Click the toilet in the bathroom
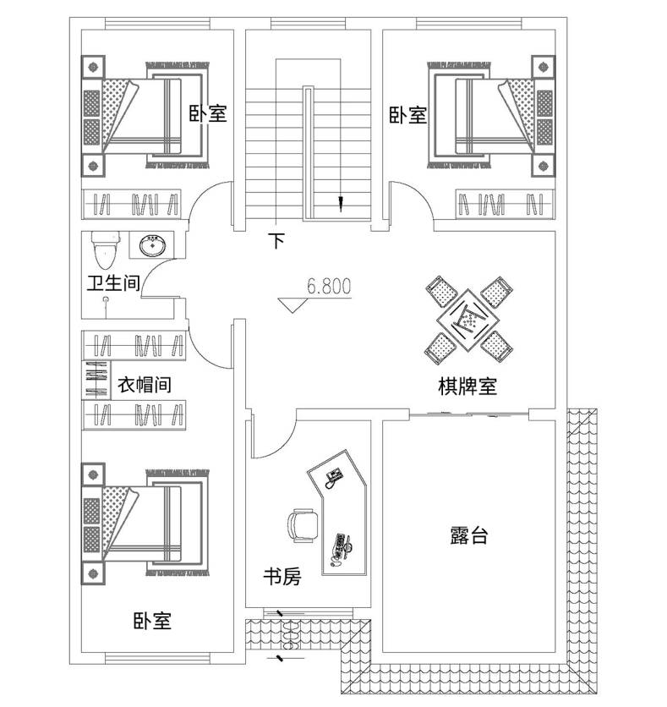[x=106, y=249]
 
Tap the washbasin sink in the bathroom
[x=152, y=246]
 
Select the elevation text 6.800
[x=329, y=287]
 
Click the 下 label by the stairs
[x=276, y=241]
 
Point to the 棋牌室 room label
[x=467, y=386]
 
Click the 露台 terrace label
[x=469, y=535]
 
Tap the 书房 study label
[x=282, y=576]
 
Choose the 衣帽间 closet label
[x=145, y=385]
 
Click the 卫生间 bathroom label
[x=113, y=283]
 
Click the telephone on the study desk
[x=334, y=477]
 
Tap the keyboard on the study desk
[x=339, y=545]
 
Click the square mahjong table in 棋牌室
[x=468, y=321]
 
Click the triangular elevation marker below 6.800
[x=293, y=304]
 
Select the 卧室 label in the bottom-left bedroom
[x=152, y=621]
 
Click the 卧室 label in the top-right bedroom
[x=408, y=115]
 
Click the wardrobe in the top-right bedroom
[x=505, y=205]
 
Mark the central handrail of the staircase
[x=308, y=153]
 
